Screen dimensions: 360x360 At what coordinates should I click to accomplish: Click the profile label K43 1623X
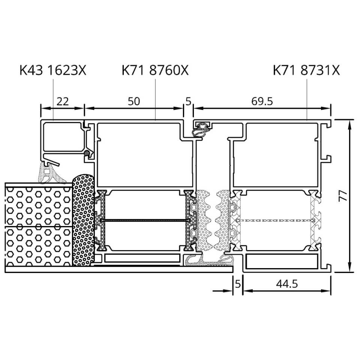point(53,70)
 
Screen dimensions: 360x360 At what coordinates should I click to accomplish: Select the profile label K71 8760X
point(155,70)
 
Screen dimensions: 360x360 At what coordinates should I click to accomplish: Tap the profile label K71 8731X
point(306,70)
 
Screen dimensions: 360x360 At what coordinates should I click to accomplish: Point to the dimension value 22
point(63,102)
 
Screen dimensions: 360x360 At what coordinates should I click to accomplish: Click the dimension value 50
point(134,102)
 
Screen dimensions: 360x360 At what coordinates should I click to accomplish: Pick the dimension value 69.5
point(262,102)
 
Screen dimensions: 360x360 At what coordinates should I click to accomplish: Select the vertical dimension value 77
point(343,196)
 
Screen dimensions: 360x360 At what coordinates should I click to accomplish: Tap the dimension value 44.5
point(287,284)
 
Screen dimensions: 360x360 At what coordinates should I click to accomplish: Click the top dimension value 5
point(188,102)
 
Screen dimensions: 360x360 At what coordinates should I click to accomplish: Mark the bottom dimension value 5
point(238,284)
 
